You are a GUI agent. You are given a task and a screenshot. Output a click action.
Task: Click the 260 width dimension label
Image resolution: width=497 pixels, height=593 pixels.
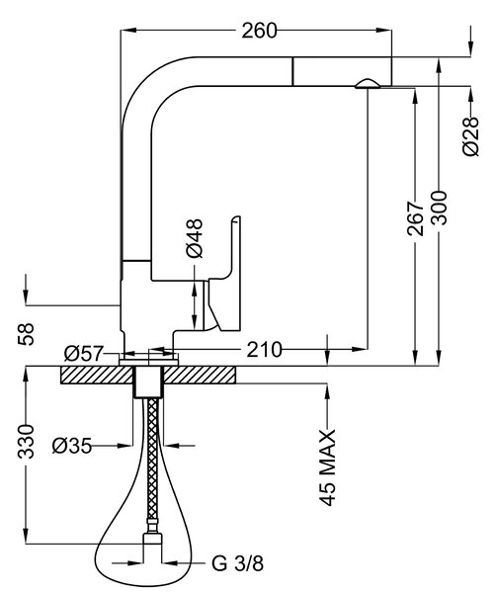click(259, 31)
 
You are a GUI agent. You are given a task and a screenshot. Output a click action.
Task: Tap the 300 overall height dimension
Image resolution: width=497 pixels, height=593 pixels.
click(439, 208)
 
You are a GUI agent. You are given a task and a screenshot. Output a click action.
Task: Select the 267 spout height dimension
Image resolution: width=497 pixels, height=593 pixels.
click(415, 218)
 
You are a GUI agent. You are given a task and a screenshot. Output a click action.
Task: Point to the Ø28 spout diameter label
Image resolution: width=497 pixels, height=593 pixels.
click(470, 136)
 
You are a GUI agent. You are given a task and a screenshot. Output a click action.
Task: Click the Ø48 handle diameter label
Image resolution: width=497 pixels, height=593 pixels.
click(195, 238)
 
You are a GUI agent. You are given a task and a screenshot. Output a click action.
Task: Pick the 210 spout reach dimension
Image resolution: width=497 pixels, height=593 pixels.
click(264, 350)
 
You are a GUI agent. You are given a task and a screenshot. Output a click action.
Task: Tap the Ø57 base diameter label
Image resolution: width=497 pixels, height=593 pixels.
click(84, 354)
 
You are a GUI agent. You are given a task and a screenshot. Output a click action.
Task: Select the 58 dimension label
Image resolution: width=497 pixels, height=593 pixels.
click(26, 334)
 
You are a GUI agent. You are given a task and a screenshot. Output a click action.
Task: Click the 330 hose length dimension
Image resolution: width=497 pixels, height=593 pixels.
click(26, 442)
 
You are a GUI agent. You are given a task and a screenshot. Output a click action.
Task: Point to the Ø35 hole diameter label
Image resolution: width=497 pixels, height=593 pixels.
click(72, 446)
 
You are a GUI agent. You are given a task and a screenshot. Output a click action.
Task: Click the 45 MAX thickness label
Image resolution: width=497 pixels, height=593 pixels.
click(327, 467)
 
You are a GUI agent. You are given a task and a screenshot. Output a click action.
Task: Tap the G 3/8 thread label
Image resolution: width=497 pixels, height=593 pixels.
click(237, 563)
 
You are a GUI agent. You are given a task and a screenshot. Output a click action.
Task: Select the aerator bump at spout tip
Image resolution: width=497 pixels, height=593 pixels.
click(367, 84)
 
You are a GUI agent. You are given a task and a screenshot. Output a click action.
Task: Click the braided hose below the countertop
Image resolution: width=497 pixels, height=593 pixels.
click(152, 460)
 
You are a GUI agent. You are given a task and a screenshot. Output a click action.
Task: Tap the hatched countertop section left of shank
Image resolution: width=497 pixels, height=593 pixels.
click(98, 375)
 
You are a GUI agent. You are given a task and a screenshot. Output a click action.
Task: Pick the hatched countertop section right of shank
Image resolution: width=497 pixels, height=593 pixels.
click(200, 375)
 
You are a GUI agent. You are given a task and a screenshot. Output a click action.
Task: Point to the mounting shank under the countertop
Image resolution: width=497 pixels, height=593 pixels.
click(149, 381)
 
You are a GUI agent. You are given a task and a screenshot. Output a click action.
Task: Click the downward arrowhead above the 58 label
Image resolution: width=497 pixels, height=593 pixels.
click(26, 296)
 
